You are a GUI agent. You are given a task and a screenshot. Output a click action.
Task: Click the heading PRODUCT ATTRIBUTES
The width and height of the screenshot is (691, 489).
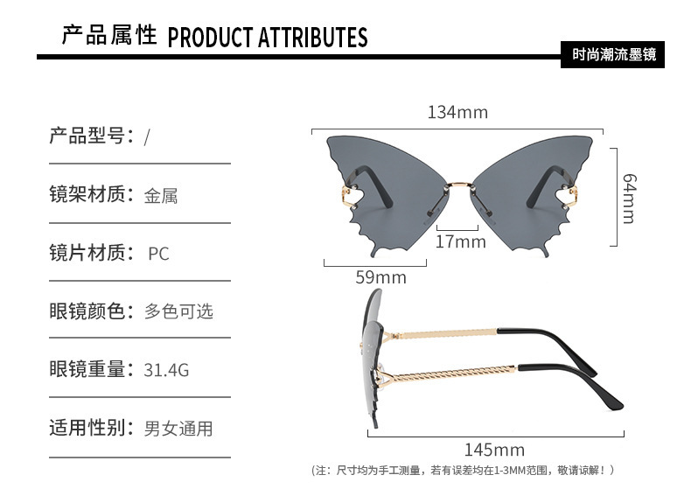click(267, 38)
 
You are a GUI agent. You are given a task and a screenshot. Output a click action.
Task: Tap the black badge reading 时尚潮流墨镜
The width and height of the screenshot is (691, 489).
click(613, 54)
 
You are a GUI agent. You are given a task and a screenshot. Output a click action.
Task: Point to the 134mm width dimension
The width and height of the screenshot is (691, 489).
click(457, 113)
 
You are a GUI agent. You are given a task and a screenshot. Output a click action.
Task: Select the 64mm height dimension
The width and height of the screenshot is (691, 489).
click(627, 197)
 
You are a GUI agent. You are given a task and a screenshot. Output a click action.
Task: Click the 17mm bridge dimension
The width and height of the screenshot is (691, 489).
click(460, 241)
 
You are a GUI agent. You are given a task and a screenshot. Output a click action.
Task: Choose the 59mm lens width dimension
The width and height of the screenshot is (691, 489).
click(380, 277)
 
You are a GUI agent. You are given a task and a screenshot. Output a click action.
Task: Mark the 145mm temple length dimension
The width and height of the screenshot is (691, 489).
click(494, 450)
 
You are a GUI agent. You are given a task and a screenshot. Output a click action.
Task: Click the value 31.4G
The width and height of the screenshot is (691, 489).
click(166, 370)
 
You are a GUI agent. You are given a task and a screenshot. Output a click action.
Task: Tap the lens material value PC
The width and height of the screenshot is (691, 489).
click(158, 255)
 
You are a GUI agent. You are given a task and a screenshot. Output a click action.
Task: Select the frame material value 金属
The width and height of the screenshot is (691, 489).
click(161, 196)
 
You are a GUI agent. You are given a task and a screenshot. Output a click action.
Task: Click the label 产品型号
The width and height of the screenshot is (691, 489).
click(91, 136)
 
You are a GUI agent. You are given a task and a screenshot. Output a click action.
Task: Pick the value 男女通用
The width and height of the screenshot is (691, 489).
click(178, 429)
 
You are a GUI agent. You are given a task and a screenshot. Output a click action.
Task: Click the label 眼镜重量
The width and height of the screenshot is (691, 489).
click(91, 369)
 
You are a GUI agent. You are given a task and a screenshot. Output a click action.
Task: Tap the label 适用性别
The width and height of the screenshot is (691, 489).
click(91, 428)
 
